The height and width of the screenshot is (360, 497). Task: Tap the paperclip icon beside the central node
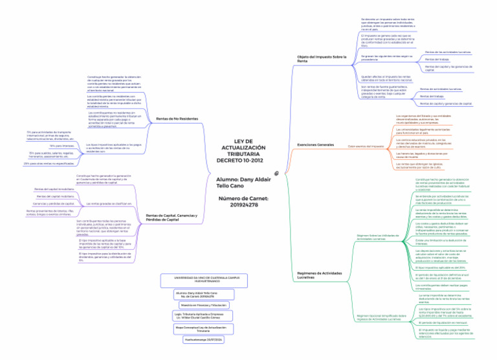(x=277, y=174)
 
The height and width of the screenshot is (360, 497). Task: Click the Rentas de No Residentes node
(x=178, y=118)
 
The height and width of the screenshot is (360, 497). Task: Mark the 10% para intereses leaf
(x=62, y=146)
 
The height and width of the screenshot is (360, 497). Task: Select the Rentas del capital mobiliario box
(x=55, y=196)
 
